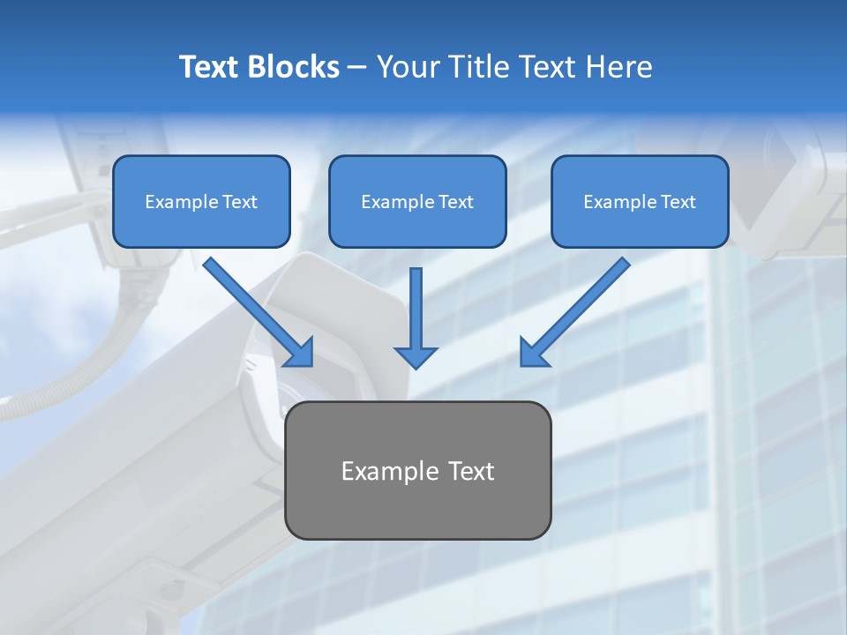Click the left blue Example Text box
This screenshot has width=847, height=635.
point(201,202)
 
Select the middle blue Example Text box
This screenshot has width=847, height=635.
point(417,202)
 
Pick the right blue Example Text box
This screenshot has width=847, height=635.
point(640,202)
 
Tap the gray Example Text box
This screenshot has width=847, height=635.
point(417,470)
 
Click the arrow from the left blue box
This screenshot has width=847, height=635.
point(256,310)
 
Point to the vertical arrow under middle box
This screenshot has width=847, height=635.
point(416,309)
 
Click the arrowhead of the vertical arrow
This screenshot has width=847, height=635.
point(416,355)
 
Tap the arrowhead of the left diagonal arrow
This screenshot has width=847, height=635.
point(300,354)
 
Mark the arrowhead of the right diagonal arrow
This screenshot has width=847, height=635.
point(533,353)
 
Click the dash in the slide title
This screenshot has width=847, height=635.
point(357,68)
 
